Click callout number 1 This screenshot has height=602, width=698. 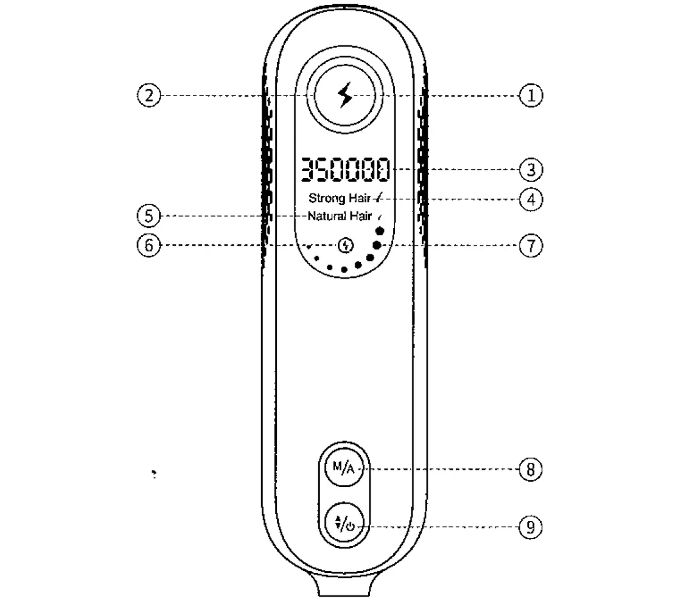tap(531, 95)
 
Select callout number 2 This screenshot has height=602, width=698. tap(149, 95)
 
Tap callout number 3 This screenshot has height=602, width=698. tap(531, 170)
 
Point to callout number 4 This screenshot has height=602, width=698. tap(531, 199)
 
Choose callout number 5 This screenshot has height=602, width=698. tap(149, 216)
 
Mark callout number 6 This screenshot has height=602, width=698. tap(149, 245)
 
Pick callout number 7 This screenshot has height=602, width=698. tap(531, 246)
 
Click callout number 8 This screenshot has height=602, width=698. tap(531, 469)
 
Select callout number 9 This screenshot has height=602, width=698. tap(531, 527)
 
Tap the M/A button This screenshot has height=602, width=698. tap(344, 468)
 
